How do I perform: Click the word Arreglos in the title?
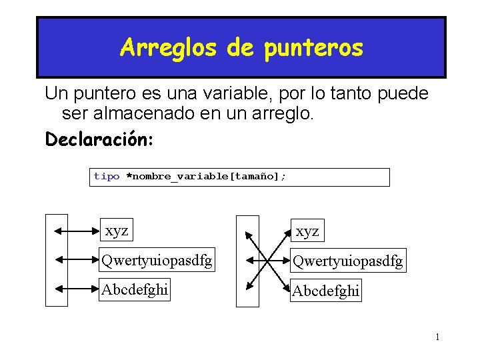(168, 47)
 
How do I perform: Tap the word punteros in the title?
(313, 49)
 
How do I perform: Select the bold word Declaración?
(99, 140)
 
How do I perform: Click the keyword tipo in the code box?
(107, 177)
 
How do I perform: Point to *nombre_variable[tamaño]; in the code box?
(206, 177)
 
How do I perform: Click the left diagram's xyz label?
(117, 231)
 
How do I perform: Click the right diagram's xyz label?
(307, 231)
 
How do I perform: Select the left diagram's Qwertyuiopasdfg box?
(156, 260)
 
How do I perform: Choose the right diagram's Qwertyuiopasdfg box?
(348, 261)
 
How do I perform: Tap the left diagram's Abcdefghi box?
(135, 289)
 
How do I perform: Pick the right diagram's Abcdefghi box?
(326, 291)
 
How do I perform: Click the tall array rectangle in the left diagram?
(57, 260)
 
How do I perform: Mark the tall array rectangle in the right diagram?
(247, 261)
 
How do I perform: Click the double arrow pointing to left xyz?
(76, 231)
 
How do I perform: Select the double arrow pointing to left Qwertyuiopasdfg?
(76, 260)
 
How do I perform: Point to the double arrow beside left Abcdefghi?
(76, 289)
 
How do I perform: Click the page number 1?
(437, 337)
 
